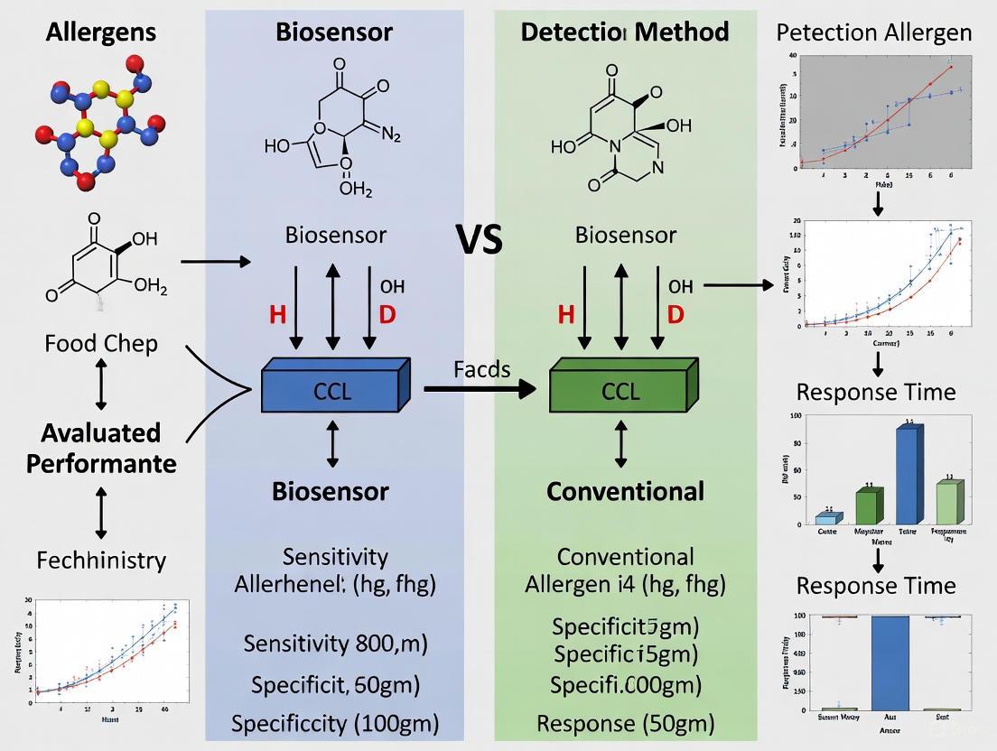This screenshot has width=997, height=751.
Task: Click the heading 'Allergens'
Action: point(101,32)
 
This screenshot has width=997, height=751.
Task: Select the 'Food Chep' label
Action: point(101,343)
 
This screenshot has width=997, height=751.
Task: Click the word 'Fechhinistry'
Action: point(101,561)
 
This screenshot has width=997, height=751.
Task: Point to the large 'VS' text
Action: point(480,241)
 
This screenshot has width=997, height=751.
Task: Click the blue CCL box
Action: point(332,391)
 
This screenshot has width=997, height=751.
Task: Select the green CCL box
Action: point(621,391)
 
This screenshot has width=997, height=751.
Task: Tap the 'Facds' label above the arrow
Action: point(482,369)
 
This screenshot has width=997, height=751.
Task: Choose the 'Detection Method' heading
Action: point(625,32)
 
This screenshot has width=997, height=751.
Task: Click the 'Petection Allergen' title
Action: point(874,33)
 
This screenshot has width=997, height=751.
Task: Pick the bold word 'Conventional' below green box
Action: point(625,491)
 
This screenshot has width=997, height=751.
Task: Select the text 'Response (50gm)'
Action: point(625,723)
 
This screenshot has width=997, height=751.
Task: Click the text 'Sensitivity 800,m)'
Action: point(335,644)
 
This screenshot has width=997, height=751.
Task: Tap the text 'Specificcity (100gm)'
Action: point(335,723)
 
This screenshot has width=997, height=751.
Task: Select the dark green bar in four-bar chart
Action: point(866,506)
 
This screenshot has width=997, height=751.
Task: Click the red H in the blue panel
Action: point(277,315)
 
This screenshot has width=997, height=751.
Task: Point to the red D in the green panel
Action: point(675,315)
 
